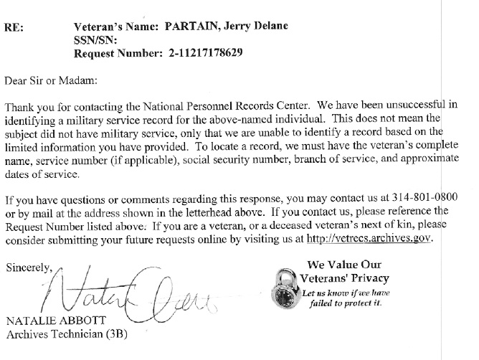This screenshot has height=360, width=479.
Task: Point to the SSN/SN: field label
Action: point(95,40)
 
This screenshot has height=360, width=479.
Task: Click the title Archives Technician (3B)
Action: point(62,333)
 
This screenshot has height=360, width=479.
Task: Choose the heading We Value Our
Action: point(345,265)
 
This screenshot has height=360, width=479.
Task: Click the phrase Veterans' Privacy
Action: point(345,278)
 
